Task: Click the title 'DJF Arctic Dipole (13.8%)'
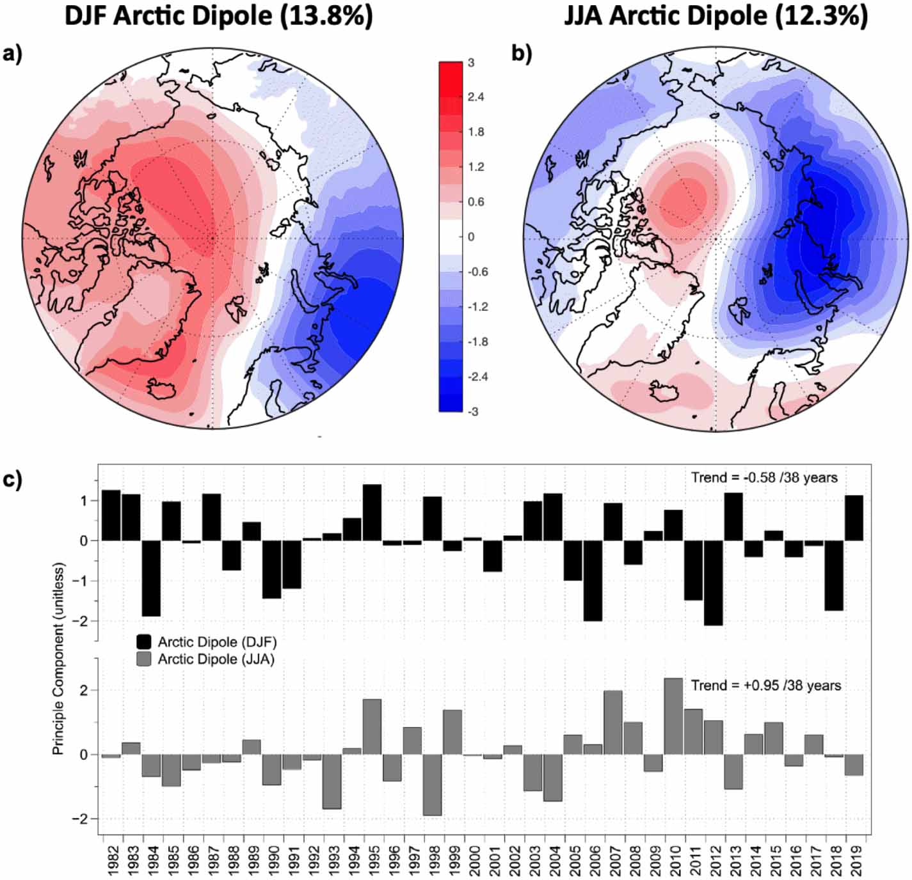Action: point(218,16)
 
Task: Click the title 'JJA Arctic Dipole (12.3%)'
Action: point(716,16)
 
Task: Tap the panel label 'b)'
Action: point(522,54)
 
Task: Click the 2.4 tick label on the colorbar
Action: point(476,97)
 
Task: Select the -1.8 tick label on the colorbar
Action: point(477,342)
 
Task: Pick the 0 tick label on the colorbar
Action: point(471,237)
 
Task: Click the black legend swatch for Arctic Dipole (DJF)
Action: point(144,641)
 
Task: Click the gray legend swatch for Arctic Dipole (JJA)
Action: point(144,659)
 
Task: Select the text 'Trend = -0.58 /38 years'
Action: point(764,478)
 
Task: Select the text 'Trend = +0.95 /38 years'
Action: point(766,686)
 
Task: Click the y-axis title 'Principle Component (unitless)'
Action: point(59,659)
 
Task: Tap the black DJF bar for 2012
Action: point(713,583)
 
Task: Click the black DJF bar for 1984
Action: point(151,578)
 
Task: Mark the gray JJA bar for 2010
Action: point(673,716)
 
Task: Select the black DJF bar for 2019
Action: point(854,518)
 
